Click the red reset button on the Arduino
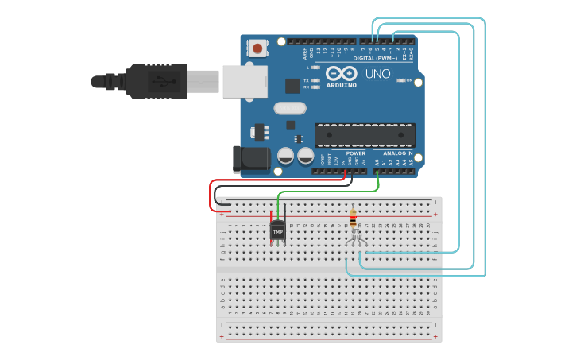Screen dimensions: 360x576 click(257, 48)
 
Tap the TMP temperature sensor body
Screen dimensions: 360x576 click(277, 231)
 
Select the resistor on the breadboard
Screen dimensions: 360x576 click(353, 217)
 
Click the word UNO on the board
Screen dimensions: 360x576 click(378, 74)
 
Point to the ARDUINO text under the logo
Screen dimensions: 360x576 click(342, 84)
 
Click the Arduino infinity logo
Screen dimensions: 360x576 click(342, 73)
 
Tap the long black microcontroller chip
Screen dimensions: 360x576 click(365, 135)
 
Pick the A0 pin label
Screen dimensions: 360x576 click(377, 162)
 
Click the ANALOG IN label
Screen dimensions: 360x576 click(397, 153)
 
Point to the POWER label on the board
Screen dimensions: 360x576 click(355, 153)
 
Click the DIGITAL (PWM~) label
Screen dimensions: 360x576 click(375, 58)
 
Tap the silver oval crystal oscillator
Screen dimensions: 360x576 click(289, 108)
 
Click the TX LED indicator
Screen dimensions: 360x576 click(315, 80)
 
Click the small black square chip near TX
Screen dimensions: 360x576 click(292, 86)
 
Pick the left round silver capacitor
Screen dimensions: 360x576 click(285, 155)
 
